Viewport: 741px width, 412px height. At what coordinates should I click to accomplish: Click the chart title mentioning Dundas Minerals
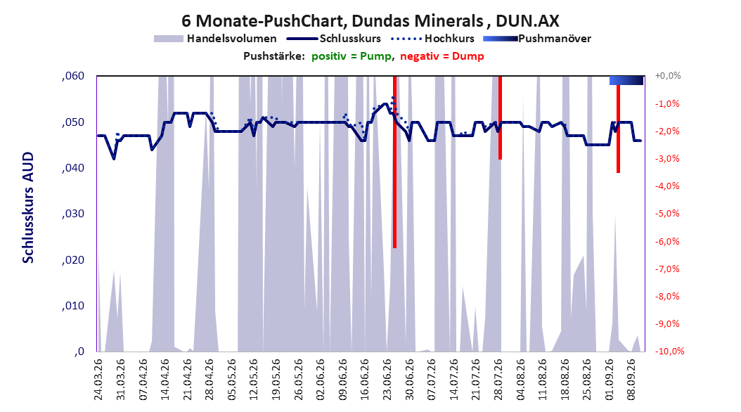pyautogui.click(x=370, y=21)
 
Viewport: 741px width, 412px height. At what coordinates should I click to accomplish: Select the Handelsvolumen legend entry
pyautogui.click(x=215, y=39)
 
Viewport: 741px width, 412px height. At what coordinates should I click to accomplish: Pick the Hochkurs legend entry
pyautogui.click(x=432, y=39)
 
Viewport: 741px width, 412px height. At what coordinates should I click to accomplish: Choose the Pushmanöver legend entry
pyautogui.click(x=537, y=39)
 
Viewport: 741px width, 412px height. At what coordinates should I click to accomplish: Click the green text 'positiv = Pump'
pyautogui.click(x=352, y=56)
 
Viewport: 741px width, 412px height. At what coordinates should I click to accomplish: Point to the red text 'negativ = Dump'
pyautogui.click(x=442, y=56)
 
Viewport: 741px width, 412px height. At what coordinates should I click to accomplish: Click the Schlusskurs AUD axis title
pyautogui.click(x=28, y=207)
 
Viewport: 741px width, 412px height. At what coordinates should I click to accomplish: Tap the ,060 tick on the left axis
pyautogui.click(x=73, y=76)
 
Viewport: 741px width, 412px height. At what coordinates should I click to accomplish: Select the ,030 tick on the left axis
pyautogui.click(x=73, y=214)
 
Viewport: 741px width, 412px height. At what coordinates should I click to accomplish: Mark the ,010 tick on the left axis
pyautogui.click(x=73, y=306)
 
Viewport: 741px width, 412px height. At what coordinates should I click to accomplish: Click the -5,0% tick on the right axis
pyautogui.click(x=667, y=214)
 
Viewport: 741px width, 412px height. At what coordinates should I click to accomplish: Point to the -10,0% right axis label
pyautogui.click(x=669, y=351)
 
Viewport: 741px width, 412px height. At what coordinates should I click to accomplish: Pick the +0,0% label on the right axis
pyautogui.click(x=668, y=76)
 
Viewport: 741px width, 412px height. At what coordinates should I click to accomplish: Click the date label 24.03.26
pyautogui.click(x=98, y=380)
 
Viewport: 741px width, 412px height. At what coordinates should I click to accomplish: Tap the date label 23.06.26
pyautogui.click(x=387, y=380)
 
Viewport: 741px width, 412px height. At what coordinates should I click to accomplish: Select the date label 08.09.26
pyautogui.click(x=631, y=380)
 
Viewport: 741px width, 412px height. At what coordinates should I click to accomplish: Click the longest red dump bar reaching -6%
pyautogui.click(x=394, y=162)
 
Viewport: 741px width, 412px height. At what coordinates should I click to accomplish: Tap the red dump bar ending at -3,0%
pyautogui.click(x=500, y=117)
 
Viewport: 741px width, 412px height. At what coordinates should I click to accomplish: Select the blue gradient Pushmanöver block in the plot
pyautogui.click(x=626, y=80)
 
